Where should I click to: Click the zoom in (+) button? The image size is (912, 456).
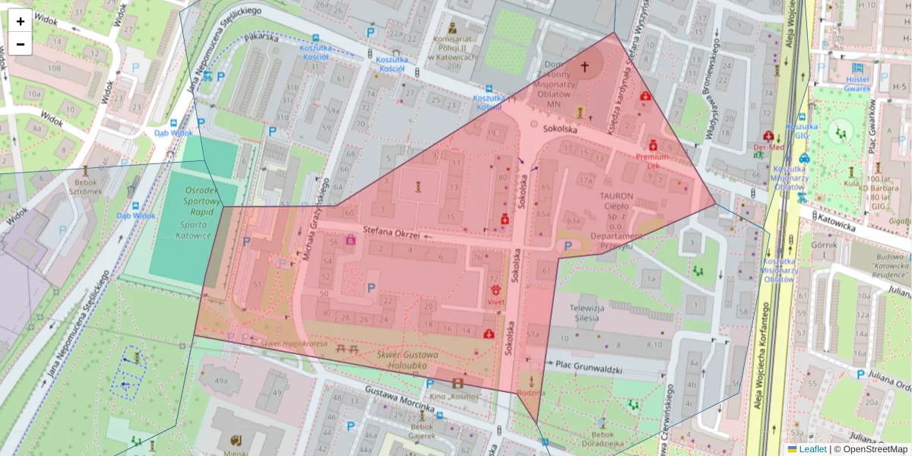click(x=21, y=21)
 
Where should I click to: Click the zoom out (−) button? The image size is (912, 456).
click(x=21, y=44)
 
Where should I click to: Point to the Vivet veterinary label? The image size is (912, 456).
click(x=496, y=302)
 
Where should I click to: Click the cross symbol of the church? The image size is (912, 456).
click(x=584, y=67)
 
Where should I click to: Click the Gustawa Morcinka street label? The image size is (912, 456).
click(x=399, y=401)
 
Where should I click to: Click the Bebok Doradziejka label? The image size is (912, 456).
click(x=602, y=443)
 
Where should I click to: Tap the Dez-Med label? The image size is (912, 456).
click(x=768, y=147)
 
